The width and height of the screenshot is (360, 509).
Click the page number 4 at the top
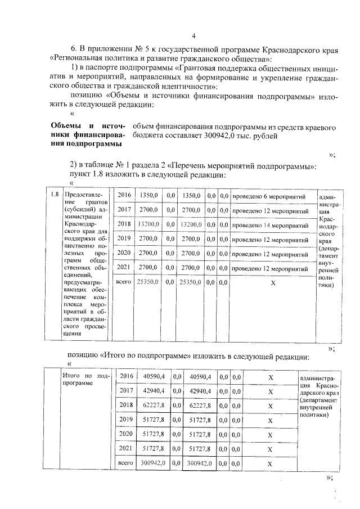[193, 36]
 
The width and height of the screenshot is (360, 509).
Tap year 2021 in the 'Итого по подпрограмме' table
[125, 448]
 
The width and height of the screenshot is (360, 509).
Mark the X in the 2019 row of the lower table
[270, 420]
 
